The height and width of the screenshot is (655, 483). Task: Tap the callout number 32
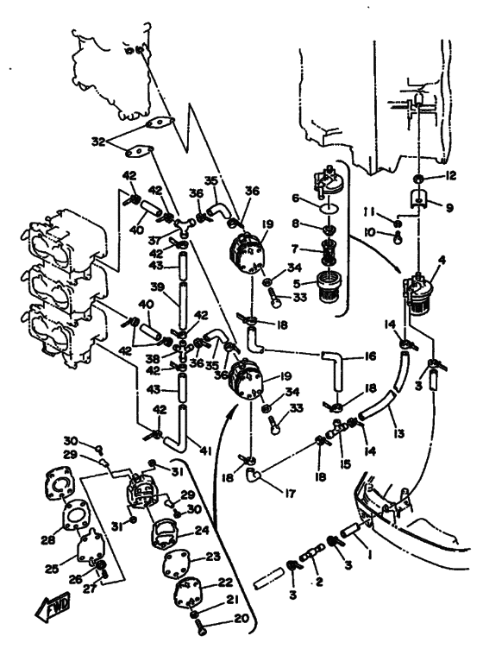tap(98, 142)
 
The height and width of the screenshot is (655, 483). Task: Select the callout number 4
tap(442, 260)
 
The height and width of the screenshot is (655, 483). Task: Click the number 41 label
tap(206, 451)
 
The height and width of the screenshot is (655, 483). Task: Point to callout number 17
tap(290, 494)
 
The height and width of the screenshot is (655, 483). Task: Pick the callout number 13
tap(399, 433)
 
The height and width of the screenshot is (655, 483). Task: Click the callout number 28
tap(48, 540)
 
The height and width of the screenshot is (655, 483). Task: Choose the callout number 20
tap(241, 618)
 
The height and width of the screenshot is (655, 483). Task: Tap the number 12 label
tap(450, 176)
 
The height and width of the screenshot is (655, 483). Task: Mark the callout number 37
tap(154, 241)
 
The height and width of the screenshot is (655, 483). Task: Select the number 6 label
tap(296, 198)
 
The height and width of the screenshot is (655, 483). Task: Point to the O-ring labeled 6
tap(330, 207)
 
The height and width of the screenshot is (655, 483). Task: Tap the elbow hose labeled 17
tap(253, 475)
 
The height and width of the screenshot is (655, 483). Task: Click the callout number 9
tap(449, 207)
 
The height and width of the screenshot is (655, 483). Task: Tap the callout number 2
tap(319, 581)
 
